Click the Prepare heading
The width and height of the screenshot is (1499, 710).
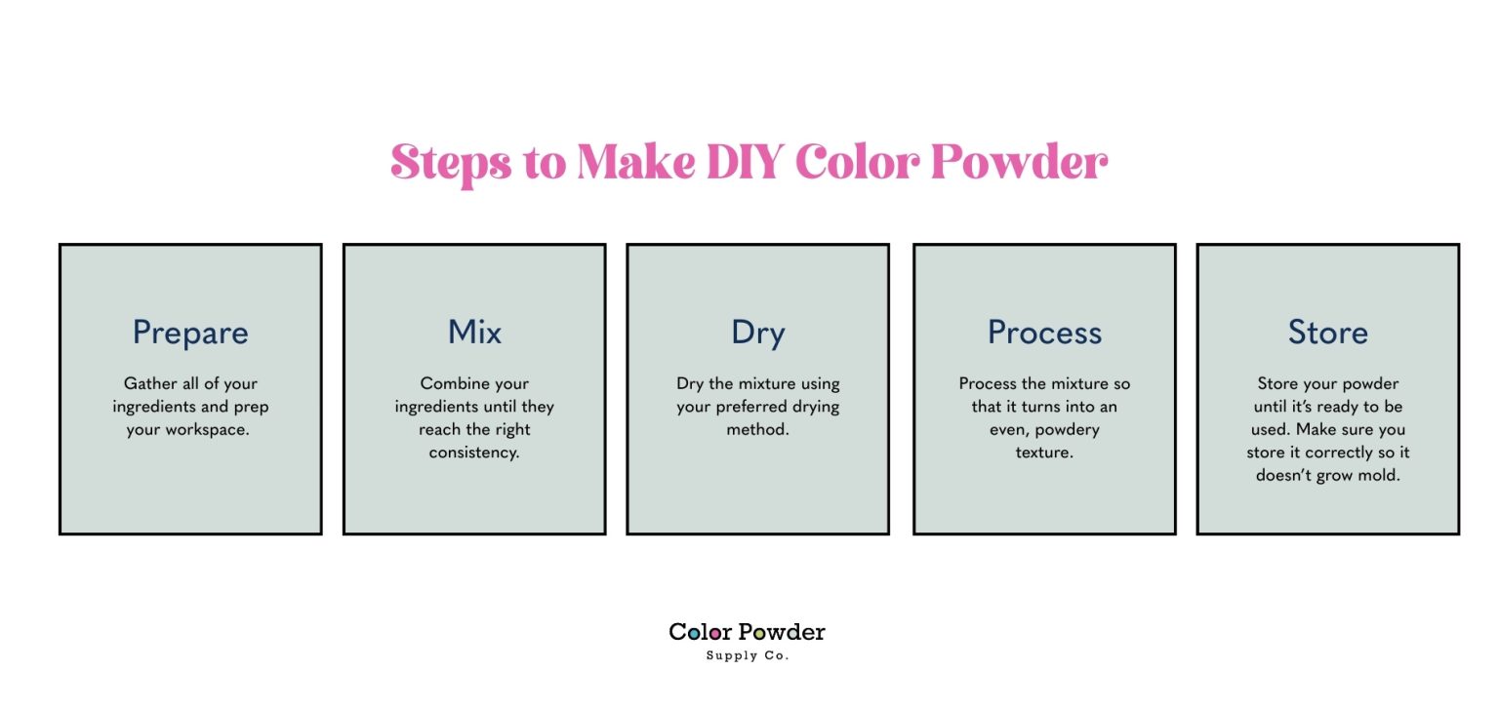click(190, 333)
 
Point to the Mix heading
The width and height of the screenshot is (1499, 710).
click(474, 333)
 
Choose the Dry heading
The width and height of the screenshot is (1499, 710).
click(757, 334)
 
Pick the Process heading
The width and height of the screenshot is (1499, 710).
click(1044, 333)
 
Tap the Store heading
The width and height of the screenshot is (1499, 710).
click(1327, 333)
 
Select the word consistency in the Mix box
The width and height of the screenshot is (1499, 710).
click(474, 453)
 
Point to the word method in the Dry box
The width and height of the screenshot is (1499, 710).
click(757, 429)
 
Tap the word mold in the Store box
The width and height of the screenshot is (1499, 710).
click(1380, 476)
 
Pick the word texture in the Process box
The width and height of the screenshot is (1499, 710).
click(1044, 453)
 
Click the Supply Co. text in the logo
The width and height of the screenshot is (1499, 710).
click(747, 655)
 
